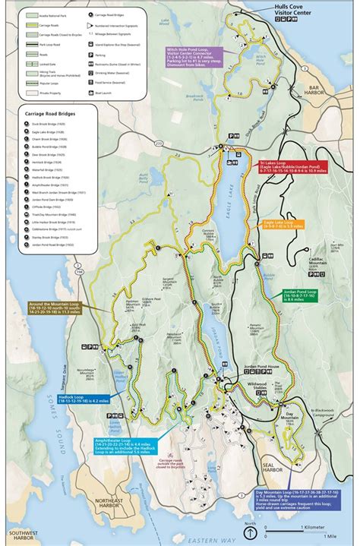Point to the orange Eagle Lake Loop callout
point(283,225)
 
